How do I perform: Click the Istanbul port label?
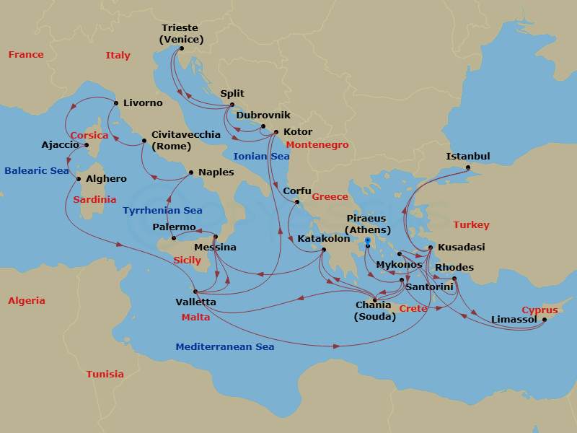468,157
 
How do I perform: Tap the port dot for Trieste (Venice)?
181,48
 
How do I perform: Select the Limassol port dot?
544,320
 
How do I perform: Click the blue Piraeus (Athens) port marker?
367,240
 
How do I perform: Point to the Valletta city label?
195,302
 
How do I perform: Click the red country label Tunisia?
105,374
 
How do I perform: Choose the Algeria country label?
26,301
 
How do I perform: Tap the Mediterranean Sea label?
224,347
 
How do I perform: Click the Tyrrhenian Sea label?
162,211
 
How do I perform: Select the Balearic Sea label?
36,171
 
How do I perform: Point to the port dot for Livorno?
115,103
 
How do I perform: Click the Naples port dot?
190,172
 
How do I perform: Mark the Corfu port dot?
296,202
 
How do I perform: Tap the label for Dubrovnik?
263,115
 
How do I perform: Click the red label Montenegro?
317,145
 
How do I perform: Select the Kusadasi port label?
462,247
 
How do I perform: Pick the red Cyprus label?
539,310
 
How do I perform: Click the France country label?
25,55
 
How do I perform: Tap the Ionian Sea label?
261,156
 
